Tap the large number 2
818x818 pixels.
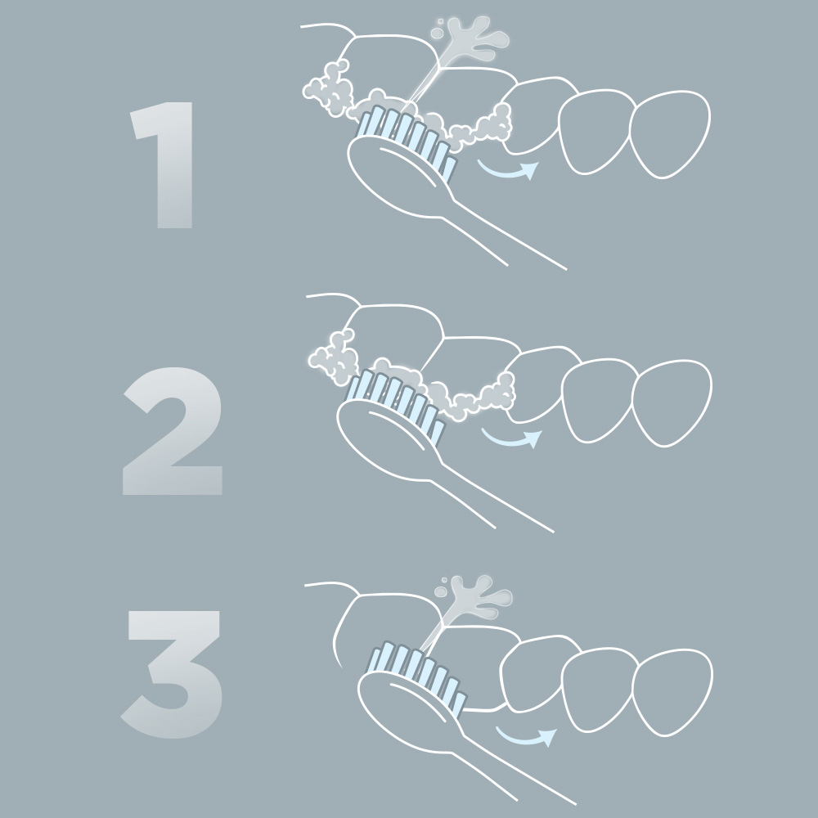coord(172,431)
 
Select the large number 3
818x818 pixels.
coord(172,674)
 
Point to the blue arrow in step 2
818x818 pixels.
coord(511,442)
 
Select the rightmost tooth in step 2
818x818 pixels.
coord(672,403)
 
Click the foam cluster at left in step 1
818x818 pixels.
coord(330,88)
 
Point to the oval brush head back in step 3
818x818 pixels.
coord(410,712)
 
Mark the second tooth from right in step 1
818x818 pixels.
coord(595,132)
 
